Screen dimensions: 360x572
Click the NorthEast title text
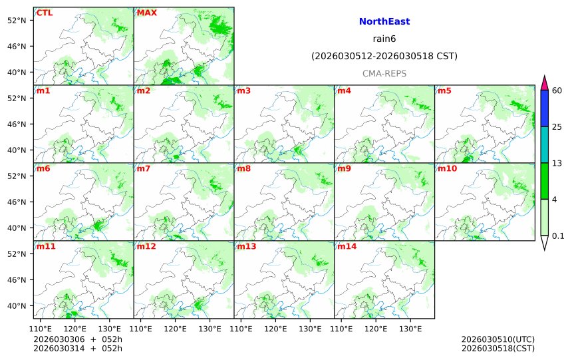384,22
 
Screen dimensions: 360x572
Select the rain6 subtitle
384,39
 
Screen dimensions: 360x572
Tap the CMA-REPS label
384,74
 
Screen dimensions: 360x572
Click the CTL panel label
45,13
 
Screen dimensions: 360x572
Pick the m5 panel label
444,90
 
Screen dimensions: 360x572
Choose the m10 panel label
447,168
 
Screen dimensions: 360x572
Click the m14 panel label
347,246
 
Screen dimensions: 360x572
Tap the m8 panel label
243,168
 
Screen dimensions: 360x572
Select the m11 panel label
46,246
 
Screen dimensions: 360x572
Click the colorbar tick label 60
557,90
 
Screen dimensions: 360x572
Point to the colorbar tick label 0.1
558,236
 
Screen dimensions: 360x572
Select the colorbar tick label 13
557,163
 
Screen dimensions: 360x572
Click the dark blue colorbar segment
544,108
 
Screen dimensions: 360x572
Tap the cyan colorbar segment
544,144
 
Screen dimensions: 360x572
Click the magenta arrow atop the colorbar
544,83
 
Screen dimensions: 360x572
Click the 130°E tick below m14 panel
410,329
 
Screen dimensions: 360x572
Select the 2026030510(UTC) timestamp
498,339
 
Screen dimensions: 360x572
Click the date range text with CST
384,57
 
